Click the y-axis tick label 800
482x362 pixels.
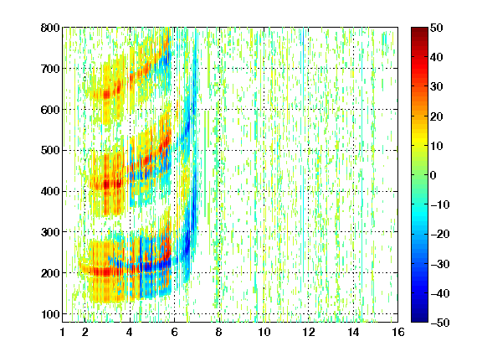(x=50, y=28)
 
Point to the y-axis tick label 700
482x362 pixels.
(x=50, y=69)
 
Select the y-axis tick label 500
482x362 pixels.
(x=50, y=151)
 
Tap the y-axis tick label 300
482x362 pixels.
(x=50, y=232)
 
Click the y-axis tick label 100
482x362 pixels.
(x=50, y=314)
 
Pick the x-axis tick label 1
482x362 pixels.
(x=63, y=332)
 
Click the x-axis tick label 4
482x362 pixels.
(x=130, y=332)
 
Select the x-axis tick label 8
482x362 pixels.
(x=218, y=332)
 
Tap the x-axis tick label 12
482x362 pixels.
(x=308, y=332)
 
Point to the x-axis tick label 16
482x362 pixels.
(x=398, y=332)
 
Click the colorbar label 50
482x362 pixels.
(x=437, y=28)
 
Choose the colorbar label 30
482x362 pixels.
(x=437, y=86)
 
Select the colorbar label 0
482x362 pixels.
(x=433, y=175)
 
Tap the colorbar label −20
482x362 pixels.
(x=440, y=234)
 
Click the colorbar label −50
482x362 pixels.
(x=440, y=323)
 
